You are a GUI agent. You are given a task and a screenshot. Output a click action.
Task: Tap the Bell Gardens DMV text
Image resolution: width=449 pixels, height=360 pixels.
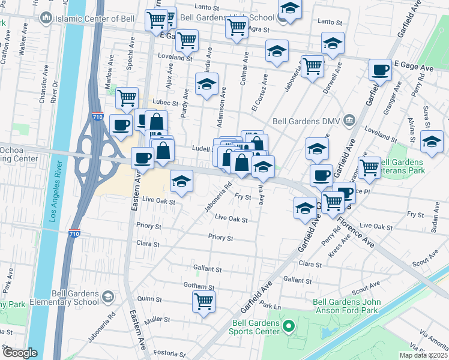[307, 120]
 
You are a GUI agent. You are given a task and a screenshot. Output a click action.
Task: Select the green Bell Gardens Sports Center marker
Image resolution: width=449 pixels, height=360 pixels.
[289, 327]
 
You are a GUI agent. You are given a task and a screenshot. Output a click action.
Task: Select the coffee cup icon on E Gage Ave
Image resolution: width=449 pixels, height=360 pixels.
[379, 70]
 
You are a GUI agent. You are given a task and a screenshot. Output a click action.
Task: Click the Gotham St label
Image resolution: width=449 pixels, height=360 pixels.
[200, 287]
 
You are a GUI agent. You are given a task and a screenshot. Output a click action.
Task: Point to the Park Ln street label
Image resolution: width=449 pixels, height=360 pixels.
[271, 305]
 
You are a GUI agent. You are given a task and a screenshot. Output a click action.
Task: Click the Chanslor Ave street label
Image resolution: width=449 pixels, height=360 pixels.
[43, 89]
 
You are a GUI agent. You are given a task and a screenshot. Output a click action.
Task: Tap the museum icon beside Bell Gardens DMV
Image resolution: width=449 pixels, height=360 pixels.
[348, 121]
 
